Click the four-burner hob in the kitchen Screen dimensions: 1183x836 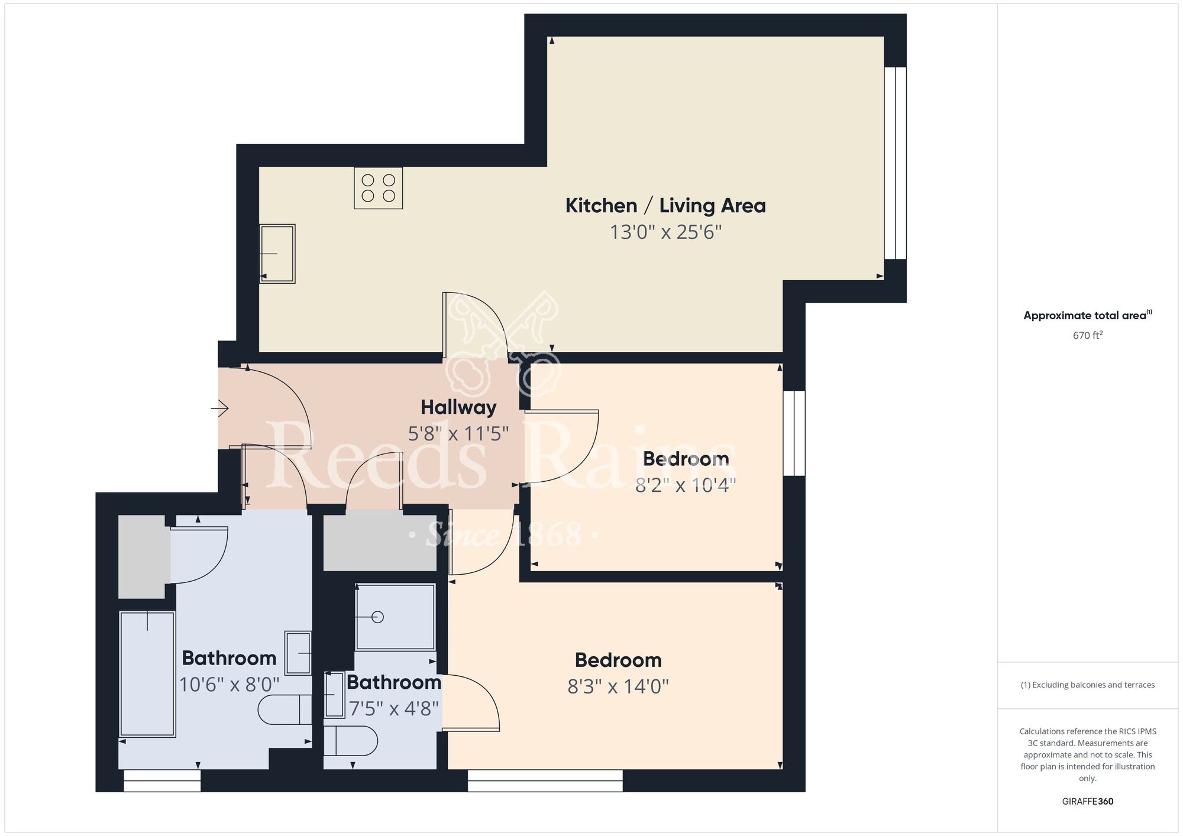pyautogui.click(x=379, y=188)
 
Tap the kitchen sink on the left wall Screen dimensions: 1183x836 pyautogui.click(x=277, y=254)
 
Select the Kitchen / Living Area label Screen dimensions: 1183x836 pyautogui.click(x=665, y=206)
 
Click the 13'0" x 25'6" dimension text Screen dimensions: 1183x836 pyautogui.click(x=665, y=232)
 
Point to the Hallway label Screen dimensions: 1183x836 pyautogui.click(x=458, y=407)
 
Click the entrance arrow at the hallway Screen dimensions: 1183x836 pyautogui.click(x=220, y=408)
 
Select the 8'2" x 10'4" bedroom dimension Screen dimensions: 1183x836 pyautogui.click(x=686, y=485)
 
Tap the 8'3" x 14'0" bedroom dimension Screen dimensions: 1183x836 pyautogui.click(x=618, y=686)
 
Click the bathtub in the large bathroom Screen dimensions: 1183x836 pyautogui.click(x=147, y=674)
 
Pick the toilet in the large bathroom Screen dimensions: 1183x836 pyautogui.click(x=285, y=709)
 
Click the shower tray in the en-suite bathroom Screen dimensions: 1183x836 pyautogui.click(x=395, y=617)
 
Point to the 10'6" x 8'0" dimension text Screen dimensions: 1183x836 pyautogui.click(x=229, y=685)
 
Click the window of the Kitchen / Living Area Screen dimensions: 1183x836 pyautogui.click(x=896, y=163)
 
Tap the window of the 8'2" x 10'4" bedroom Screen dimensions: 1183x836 pyautogui.click(x=794, y=433)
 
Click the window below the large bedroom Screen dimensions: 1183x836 pyautogui.click(x=545, y=780)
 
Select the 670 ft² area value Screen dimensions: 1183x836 pyautogui.click(x=1088, y=335)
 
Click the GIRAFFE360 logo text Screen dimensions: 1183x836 pyautogui.click(x=1087, y=802)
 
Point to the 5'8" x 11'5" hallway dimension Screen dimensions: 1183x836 pyautogui.click(x=458, y=434)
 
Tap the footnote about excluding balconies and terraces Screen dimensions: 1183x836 pyautogui.click(x=1087, y=685)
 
